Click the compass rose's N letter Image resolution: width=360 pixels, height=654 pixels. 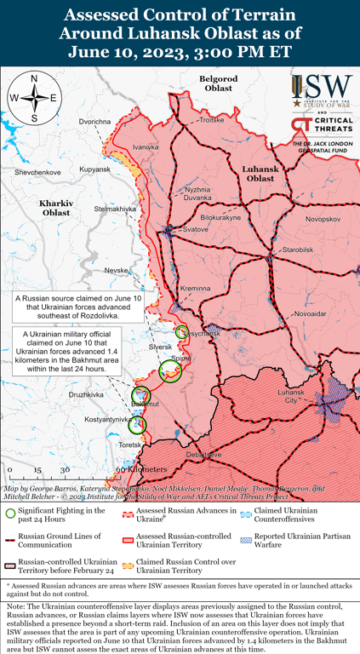coord(33,79)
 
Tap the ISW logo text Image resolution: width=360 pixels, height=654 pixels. coord(328,88)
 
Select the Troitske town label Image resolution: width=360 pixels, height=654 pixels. coord(211,121)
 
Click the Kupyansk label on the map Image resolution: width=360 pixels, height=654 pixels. coord(95,169)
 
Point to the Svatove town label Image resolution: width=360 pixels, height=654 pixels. coord(196,230)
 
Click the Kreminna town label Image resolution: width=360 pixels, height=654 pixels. coord(194,289)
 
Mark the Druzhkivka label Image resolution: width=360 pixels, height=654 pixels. coord(85,395)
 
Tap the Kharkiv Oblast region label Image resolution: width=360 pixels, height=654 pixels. coord(56,207)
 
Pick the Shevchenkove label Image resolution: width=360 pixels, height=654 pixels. coord(37,172)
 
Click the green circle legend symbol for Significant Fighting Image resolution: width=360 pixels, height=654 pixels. coord(10,513)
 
